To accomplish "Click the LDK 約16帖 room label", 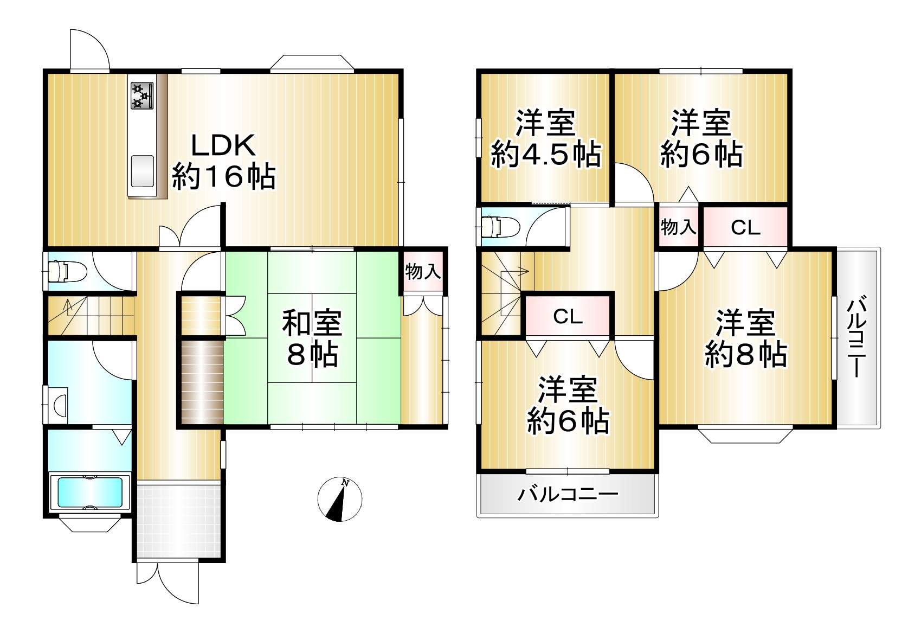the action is pos(224,161).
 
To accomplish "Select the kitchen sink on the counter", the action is pos(142,171).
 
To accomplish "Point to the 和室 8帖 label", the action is pos(312,338).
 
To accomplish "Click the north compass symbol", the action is pos(340,500).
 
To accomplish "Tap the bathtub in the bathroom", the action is pos(90,493).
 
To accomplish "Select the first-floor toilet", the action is pos(67,272).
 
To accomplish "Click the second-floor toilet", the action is pos(501,227).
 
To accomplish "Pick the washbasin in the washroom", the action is pos(60,405).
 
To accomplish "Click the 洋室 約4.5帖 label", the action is pos(546,139).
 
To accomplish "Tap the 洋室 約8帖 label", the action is pos(746,338).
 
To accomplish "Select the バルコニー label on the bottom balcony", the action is pos(568,494).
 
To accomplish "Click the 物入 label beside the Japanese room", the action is pos(423,272).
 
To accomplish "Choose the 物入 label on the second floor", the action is pos(679,227).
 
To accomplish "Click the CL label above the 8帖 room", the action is pos(746,227).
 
